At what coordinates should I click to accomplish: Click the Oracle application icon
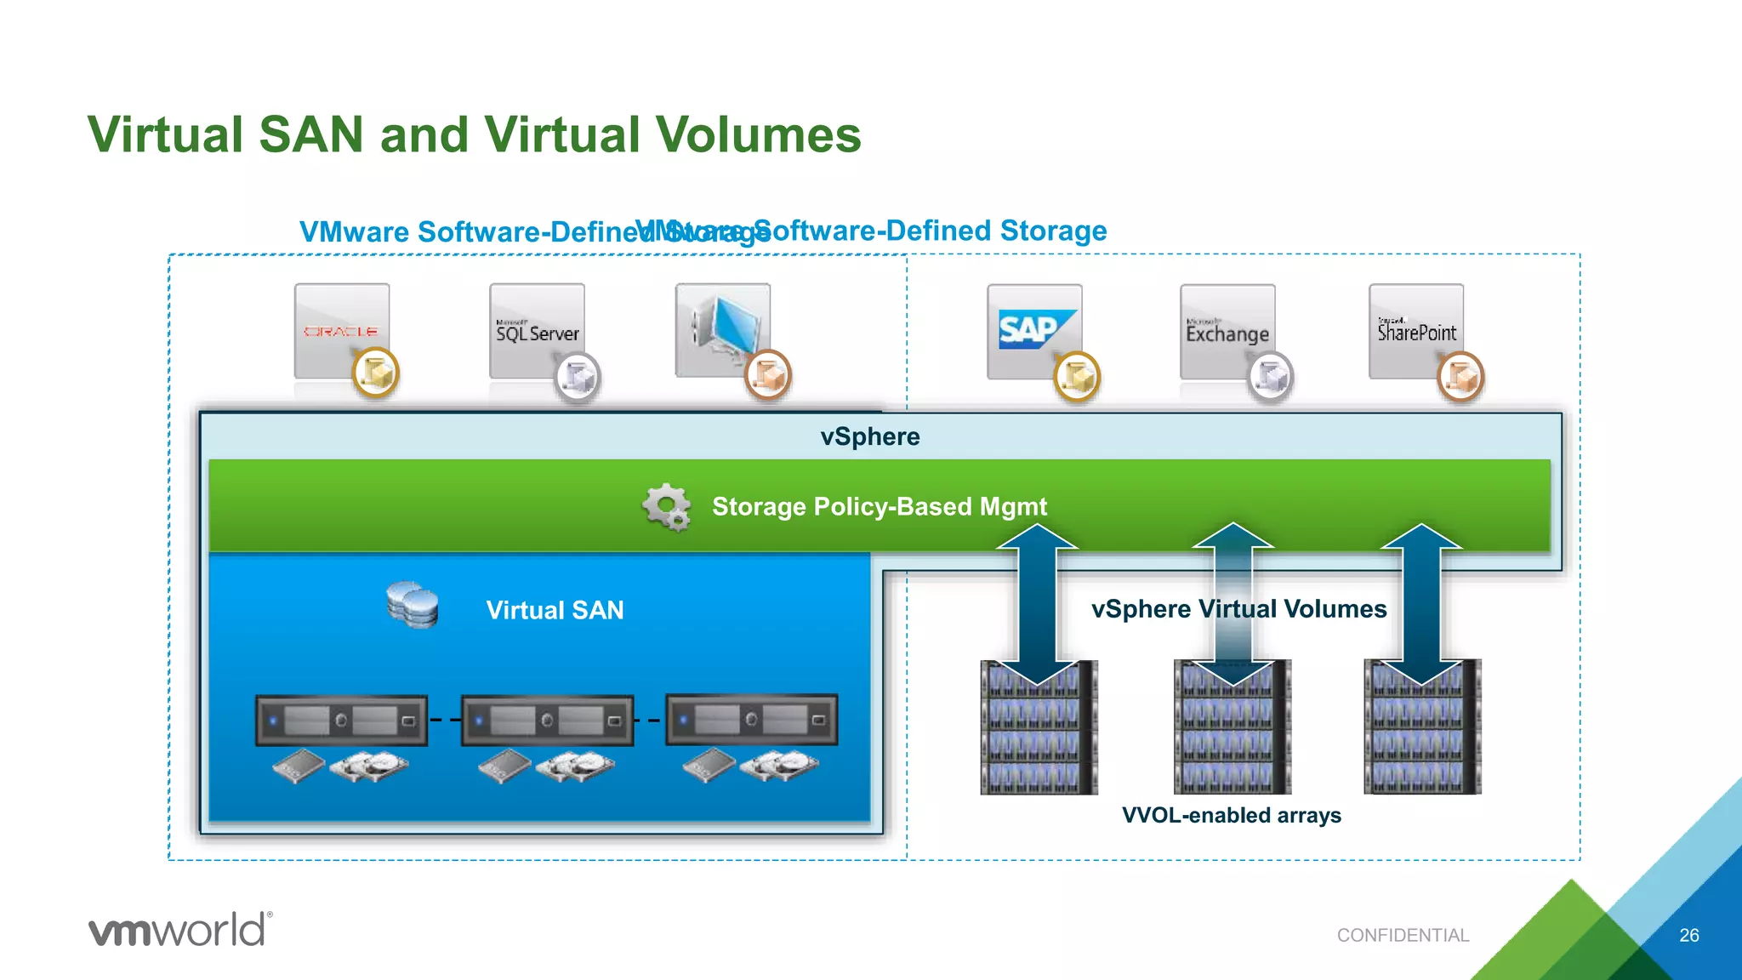342,331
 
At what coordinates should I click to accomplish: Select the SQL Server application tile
537,331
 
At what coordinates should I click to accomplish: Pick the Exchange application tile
1227,332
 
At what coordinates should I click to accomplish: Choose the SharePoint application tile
1416,331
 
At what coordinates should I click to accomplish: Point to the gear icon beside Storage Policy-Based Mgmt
666,507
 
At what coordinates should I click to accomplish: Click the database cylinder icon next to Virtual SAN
413,605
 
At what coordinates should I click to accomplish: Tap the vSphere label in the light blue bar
870,436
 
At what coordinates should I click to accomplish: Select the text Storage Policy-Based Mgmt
880,507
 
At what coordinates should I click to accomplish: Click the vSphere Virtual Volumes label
1238,609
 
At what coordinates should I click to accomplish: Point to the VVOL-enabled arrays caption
1231,815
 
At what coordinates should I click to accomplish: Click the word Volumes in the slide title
758,135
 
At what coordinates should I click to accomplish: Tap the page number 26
1689,935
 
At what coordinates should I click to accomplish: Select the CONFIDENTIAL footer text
1403,935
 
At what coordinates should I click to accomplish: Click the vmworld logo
180,930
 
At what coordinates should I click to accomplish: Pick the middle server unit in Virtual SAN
547,721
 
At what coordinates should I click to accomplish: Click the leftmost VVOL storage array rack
1039,728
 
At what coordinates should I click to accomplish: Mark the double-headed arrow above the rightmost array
1420,604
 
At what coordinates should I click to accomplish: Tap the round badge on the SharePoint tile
1460,376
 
